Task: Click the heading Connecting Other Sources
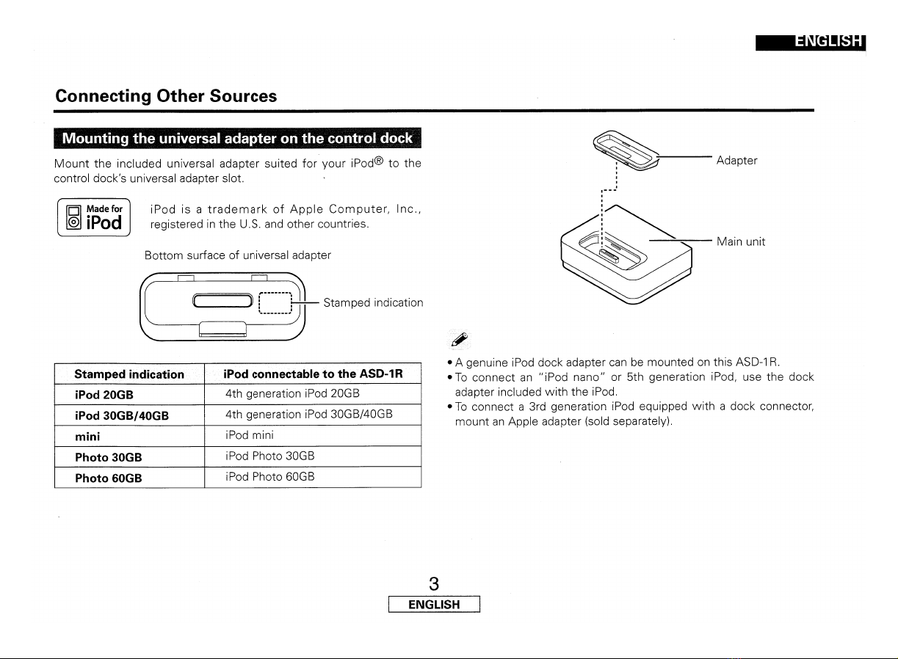166,96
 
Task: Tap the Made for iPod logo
94,217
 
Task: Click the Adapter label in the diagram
737,160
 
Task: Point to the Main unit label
741,241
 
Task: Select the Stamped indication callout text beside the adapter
373,302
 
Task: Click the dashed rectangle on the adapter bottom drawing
275,303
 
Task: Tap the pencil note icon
459,339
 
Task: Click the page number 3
434,583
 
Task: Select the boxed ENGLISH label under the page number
434,604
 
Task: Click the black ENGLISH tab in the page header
811,43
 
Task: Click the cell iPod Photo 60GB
269,477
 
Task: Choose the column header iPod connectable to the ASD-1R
313,374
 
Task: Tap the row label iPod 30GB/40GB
122,415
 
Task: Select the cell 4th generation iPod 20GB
292,393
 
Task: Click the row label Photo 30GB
108,457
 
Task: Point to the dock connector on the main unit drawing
609,255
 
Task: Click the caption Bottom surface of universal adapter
238,255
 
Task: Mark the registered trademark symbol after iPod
379,161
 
